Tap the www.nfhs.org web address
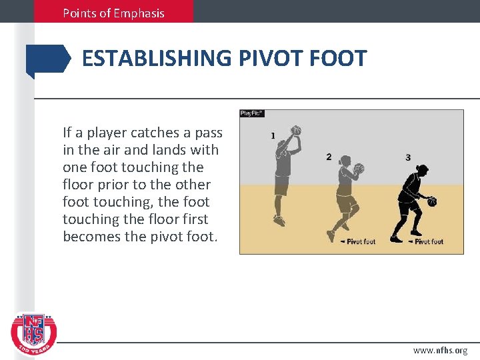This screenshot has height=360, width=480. pyautogui.click(x=440, y=350)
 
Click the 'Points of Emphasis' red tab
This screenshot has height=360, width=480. pyautogui.click(x=113, y=13)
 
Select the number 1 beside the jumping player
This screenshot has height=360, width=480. pyautogui.click(x=273, y=135)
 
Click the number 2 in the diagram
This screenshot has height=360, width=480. pyautogui.click(x=329, y=157)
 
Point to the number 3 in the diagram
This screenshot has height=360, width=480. pyautogui.click(x=408, y=157)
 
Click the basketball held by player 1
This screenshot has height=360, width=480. pyautogui.click(x=297, y=131)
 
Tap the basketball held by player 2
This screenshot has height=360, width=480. pyautogui.click(x=359, y=169)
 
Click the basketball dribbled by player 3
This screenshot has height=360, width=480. pyautogui.click(x=432, y=201)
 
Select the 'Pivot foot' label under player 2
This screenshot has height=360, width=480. pyautogui.click(x=360, y=241)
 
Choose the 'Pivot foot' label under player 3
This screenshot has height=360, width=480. pyautogui.click(x=428, y=241)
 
